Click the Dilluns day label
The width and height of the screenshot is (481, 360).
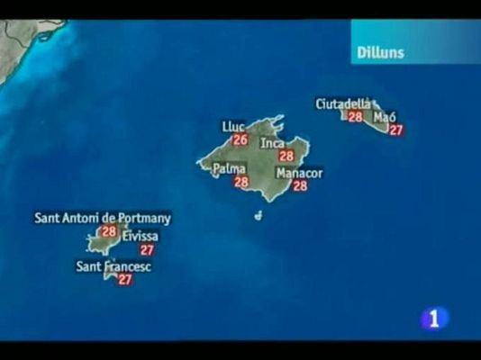[379, 52]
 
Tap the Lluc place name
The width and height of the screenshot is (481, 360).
[233, 127]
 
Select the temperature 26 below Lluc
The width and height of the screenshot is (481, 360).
[240, 139]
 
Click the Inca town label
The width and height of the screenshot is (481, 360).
[272, 143]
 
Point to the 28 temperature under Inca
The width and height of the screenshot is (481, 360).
[286, 156]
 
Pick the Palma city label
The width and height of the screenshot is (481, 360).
[230, 168]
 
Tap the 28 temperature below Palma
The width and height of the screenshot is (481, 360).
[241, 181]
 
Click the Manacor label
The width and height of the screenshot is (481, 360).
[299, 173]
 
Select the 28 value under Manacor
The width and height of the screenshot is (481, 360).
[300, 185]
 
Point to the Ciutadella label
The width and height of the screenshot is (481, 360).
[343, 103]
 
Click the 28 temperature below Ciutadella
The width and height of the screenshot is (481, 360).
[355, 116]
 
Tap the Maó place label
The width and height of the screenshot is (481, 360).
[385, 117]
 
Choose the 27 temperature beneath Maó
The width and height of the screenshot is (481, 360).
[395, 130]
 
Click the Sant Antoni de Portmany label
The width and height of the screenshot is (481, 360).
[103, 218]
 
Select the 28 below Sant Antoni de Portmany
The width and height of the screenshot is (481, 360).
[109, 231]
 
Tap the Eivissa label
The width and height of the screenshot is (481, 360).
[140, 236]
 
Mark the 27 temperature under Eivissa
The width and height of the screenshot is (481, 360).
[147, 249]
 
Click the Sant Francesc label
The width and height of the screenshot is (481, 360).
[113, 266]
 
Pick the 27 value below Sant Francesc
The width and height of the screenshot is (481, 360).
[125, 279]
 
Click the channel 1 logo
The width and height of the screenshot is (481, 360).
[434, 318]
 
